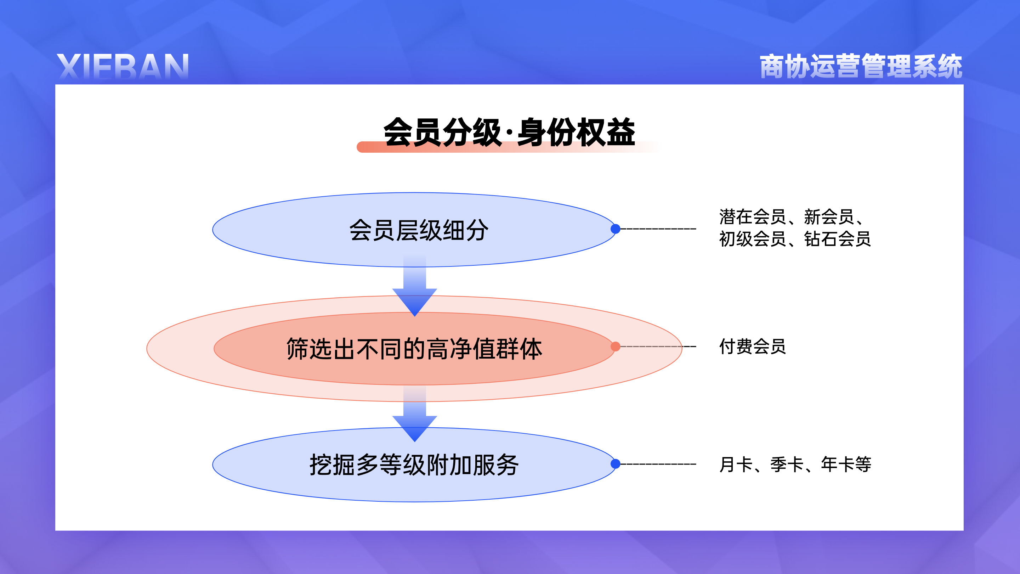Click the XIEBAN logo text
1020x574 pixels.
click(x=123, y=67)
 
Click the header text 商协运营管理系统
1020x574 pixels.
click(x=861, y=66)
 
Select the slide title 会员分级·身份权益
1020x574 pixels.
click(x=509, y=132)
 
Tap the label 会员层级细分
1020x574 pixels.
click(x=419, y=230)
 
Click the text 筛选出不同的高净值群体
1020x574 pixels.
click(x=414, y=349)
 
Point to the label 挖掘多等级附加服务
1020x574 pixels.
click(x=414, y=465)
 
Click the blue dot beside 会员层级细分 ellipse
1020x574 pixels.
click(x=615, y=229)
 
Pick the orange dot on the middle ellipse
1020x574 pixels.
click(x=615, y=347)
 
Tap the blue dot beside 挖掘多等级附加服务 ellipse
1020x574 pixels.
click(x=615, y=464)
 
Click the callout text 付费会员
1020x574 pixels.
click(x=752, y=347)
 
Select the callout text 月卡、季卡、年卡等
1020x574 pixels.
click(x=795, y=464)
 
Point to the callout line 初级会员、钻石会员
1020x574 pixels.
click(x=795, y=239)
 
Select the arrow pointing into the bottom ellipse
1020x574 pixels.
click(x=415, y=414)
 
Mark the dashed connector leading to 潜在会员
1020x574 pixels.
click(x=658, y=229)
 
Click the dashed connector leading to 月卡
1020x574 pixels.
click(x=658, y=464)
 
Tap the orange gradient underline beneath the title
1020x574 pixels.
click(x=509, y=147)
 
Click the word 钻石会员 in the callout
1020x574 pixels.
click(x=838, y=239)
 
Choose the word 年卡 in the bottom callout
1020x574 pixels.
click(x=838, y=464)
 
